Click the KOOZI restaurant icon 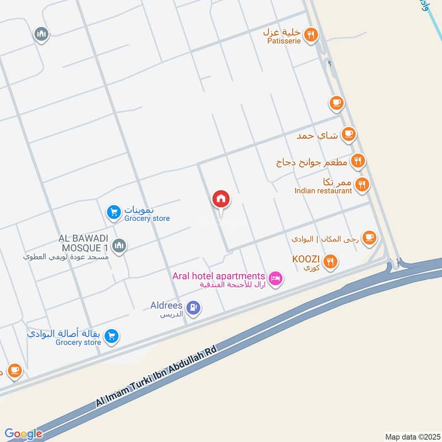click(330, 261)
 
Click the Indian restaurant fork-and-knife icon click(362, 185)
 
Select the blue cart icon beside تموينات click(113, 212)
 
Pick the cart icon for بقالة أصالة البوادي click(112, 336)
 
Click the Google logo click(23, 434)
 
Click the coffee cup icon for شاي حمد click(348, 134)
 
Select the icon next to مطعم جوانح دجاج click(358, 161)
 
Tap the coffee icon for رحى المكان click(370, 238)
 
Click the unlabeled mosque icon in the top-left click(41, 35)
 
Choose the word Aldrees click(166, 305)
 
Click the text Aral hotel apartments click(219, 276)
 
